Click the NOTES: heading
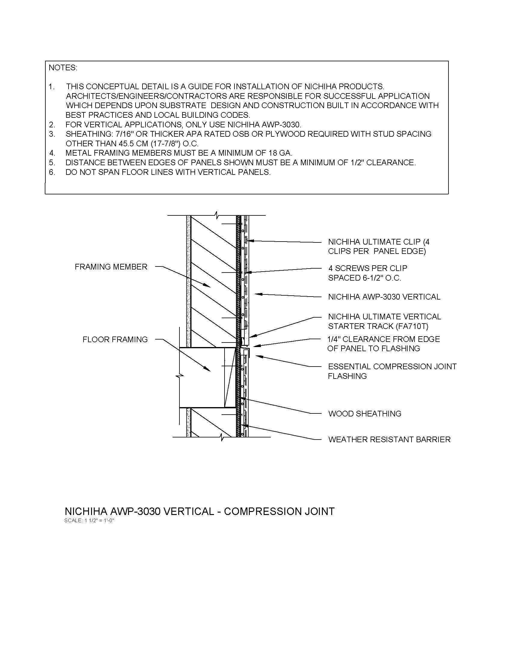tap(63, 68)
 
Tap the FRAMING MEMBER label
tap(111, 267)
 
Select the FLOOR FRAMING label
tap(115, 340)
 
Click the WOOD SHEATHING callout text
tap(365, 413)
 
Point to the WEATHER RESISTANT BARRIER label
tap(389, 439)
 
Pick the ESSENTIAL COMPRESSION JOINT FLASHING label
tap(392, 371)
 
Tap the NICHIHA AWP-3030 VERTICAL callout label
tap(384, 297)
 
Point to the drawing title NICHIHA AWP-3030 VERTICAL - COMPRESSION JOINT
tap(200, 511)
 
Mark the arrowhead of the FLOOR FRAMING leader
tap(209, 370)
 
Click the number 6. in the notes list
tap(52, 172)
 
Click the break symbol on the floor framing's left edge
tap(180, 376)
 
